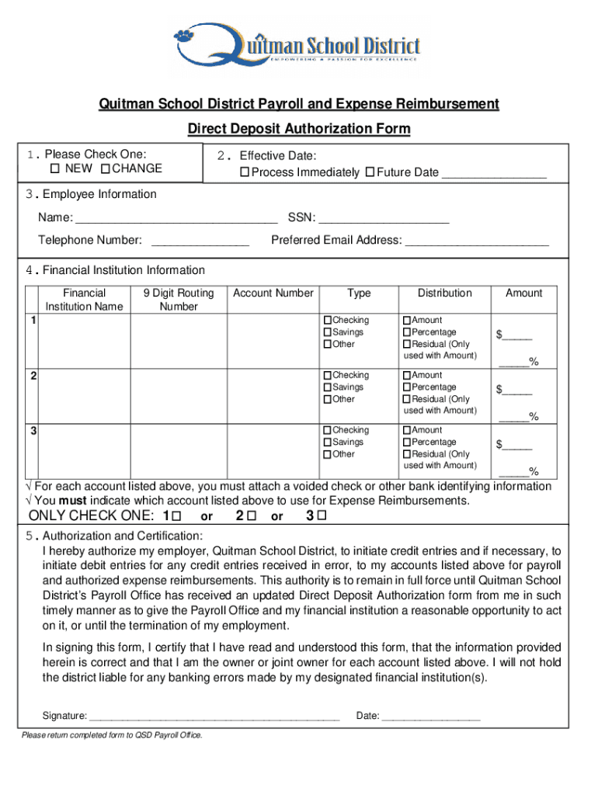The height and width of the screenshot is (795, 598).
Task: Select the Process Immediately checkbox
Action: [x=245, y=172]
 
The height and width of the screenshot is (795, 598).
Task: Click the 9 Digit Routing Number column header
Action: [x=179, y=300]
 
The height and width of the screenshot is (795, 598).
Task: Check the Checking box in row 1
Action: [x=328, y=321]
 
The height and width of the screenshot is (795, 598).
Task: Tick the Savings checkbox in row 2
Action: [x=328, y=387]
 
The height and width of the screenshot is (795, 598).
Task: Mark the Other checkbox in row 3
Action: [x=328, y=454]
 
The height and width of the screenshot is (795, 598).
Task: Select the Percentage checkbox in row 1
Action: [x=406, y=332]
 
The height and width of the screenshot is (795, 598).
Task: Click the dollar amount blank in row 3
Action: [x=517, y=446]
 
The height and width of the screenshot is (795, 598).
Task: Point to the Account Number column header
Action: [x=273, y=293]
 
